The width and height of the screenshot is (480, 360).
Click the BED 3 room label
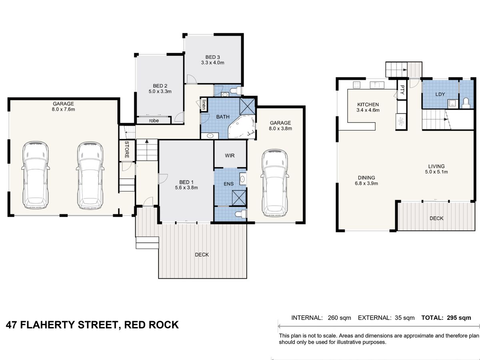(x=213, y=57)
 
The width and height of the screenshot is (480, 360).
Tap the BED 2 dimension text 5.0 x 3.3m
(x=160, y=92)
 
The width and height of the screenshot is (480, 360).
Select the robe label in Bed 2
(x=154, y=120)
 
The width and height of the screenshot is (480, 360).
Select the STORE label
(x=126, y=149)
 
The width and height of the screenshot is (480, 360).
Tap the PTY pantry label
(x=402, y=89)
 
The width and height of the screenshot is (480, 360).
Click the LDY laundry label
(x=440, y=94)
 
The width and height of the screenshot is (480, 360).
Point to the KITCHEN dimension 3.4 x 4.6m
(x=368, y=110)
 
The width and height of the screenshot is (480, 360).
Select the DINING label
(x=366, y=178)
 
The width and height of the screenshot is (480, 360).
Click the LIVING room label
(x=436, y=166)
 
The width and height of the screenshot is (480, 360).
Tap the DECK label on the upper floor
(x=436, y=218)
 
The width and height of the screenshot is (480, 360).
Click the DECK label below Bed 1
(x=202, y=255)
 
